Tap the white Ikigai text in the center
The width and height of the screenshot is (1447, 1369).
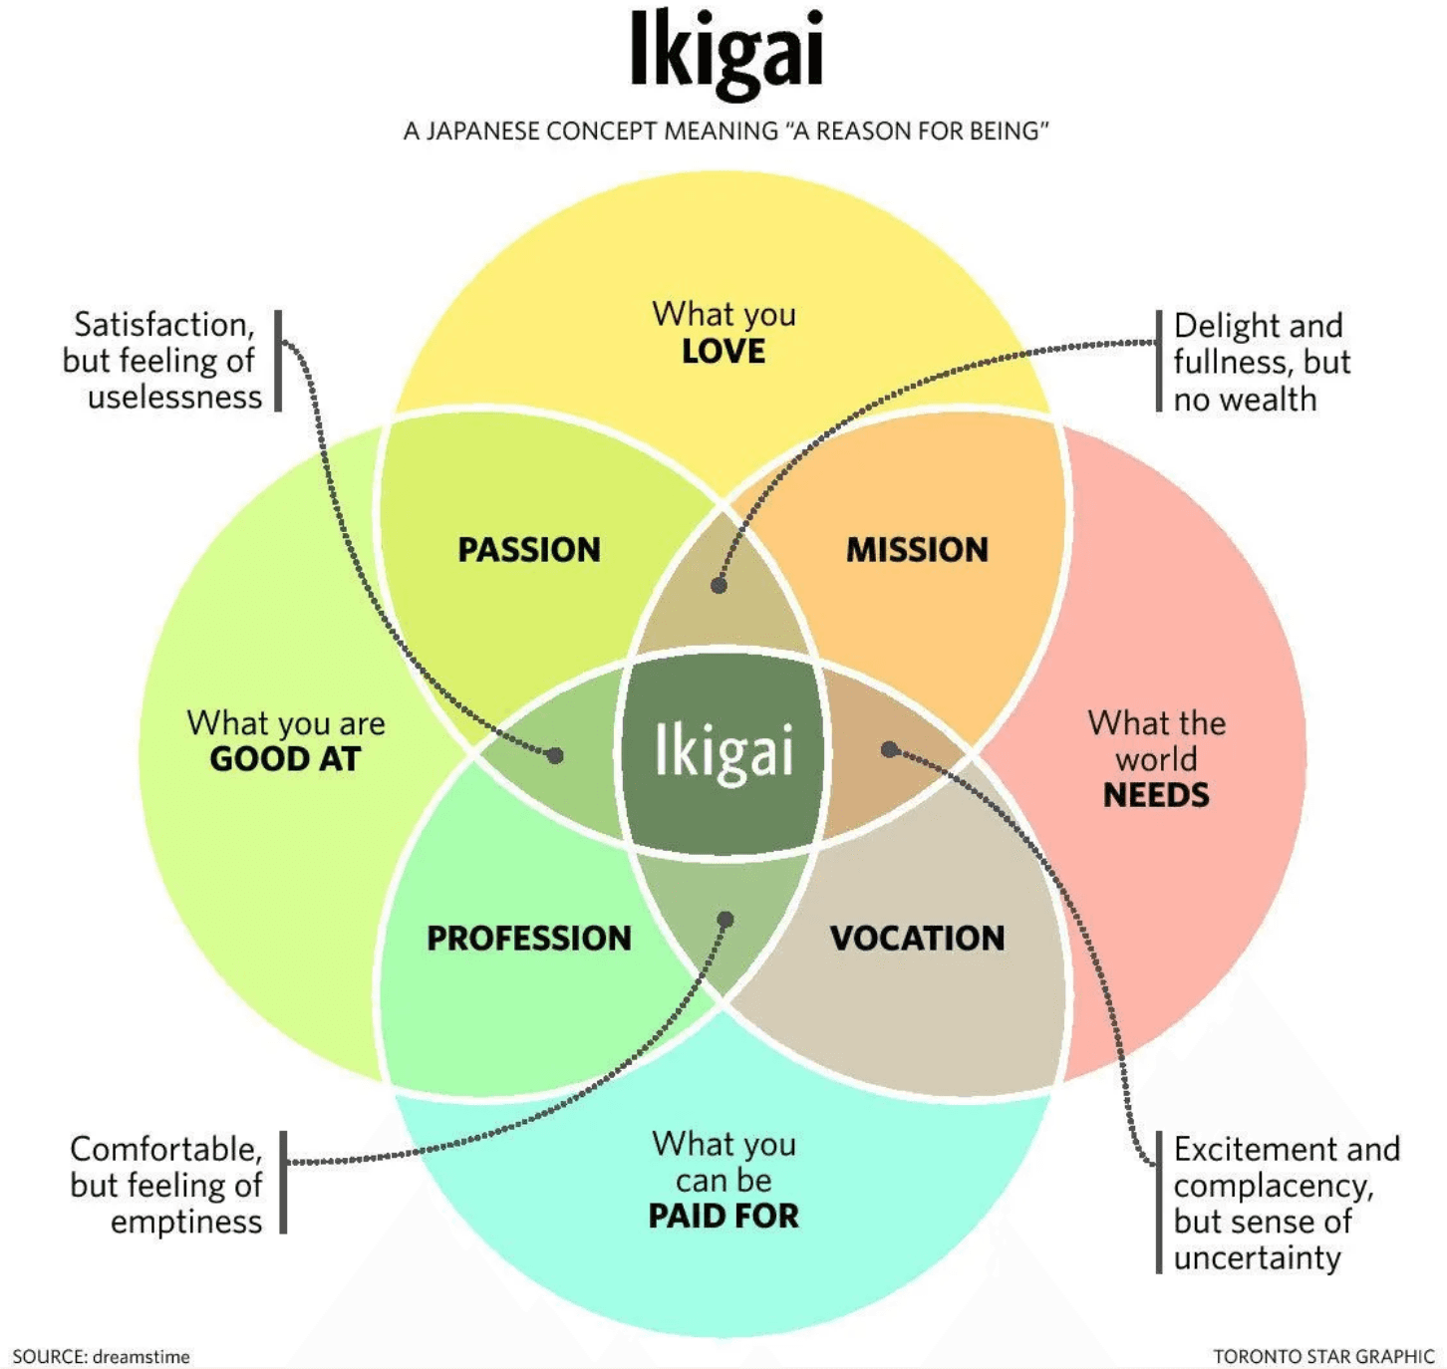(x=724, y=750)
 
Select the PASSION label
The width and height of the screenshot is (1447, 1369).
(x=529, y=550)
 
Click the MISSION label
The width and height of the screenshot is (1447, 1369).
(x=917, y=550)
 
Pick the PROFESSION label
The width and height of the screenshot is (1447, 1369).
(x=529, y=939)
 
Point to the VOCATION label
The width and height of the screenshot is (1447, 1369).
(x=917, y=939)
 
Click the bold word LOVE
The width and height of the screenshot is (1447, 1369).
(x=723, y=352)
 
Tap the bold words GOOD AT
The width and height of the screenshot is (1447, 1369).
(x=285, y=759)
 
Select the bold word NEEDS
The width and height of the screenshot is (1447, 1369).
(x=1156, y=795)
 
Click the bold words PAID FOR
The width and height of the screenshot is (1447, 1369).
(x=723, y=1217)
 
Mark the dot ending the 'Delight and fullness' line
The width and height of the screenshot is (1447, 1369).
(x=719, y=585)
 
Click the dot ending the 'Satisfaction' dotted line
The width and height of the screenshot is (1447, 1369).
(x=556, y=755)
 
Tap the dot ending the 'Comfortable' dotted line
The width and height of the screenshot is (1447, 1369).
(x=725, y=919)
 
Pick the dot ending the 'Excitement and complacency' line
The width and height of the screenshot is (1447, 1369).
(x=889, y=749)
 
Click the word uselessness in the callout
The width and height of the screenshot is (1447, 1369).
(x=175, y=398)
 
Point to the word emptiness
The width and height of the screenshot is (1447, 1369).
(x=186, y=1223)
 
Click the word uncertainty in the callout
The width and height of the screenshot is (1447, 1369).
(x=1257, y=1257)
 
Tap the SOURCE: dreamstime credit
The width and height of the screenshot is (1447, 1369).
(x=101, y=1356)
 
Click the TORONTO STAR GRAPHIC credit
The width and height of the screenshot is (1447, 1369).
(x=1322, y=1356)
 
